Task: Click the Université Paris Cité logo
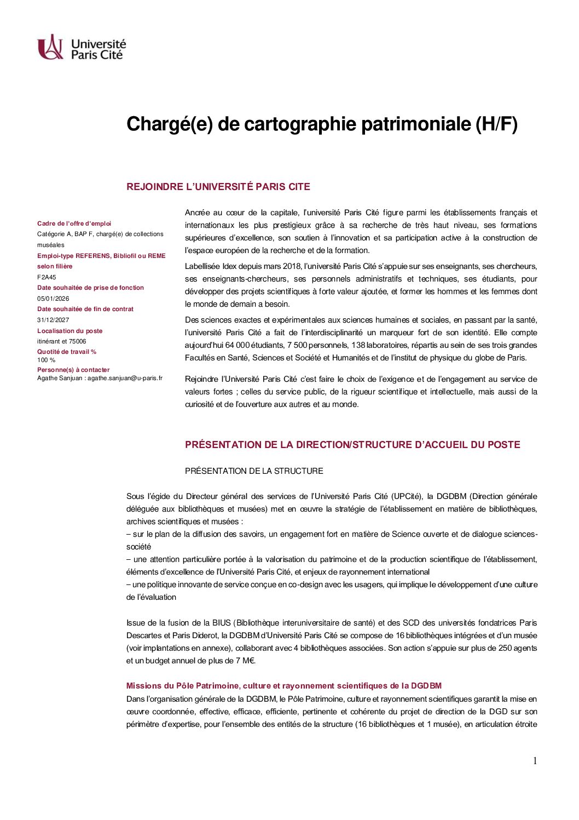click(x=81, y=48)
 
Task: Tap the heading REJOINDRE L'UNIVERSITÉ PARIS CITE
click(x=218, y=187)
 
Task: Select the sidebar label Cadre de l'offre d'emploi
click(x=74, y=223)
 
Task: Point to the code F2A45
click(x=47, y=277)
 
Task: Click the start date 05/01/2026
click(x=53, y=299)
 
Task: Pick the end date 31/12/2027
click(x=53, y=320)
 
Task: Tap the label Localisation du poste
click(x=70, y=331)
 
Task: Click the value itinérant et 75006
click(x=61, y=341)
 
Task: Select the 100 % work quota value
click(x=46, y=360)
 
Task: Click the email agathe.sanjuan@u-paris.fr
click(x=125, y=378)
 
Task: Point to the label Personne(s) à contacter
click(x=73, y=370)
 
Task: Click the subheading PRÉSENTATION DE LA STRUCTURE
click(x=254, y=471)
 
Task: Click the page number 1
click(x=535, y=761)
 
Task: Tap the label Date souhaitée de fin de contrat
click(x=85, y=309)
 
